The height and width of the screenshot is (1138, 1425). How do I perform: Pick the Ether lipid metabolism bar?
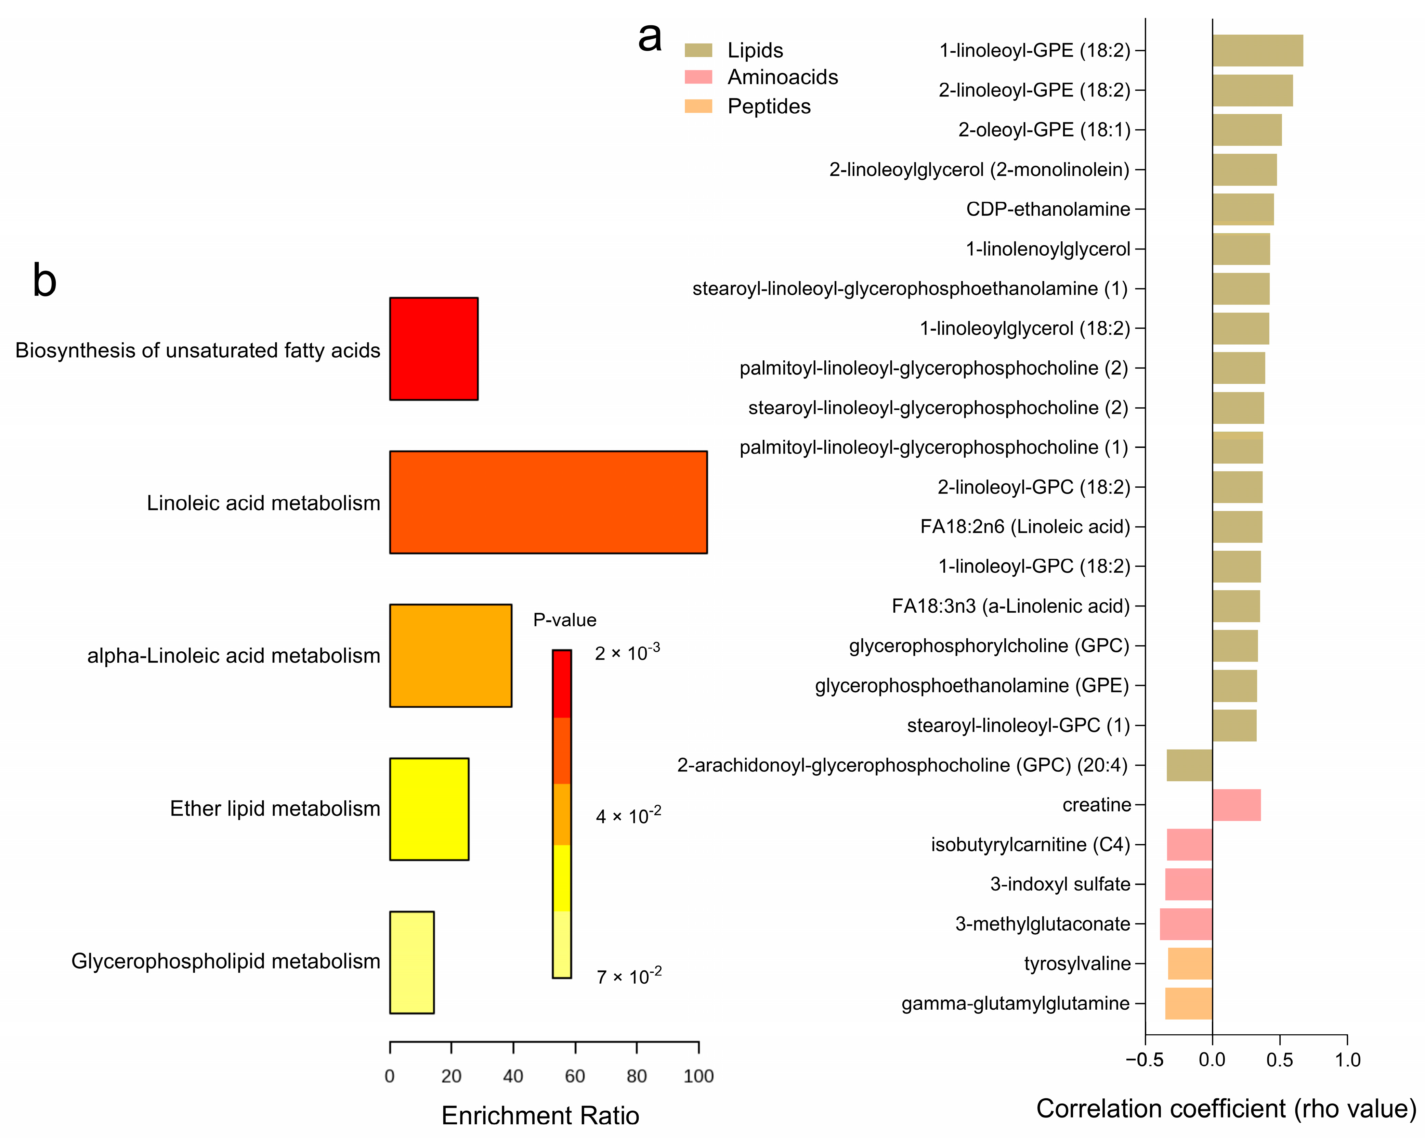[x=429, y=809]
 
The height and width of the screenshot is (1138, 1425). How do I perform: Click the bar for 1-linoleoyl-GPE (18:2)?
[x=1257, y=50]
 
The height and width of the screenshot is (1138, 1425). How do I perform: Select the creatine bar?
[x=1236, y=805]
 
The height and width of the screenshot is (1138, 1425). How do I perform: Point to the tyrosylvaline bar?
[x=1190, y=963]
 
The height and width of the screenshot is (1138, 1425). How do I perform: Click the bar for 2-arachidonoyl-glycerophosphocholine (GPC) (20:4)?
[x=1189, y=765]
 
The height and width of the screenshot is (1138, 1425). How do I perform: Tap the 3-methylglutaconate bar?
[x=1186, y=924]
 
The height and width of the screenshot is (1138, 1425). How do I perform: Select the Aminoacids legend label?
[x=783, y=77]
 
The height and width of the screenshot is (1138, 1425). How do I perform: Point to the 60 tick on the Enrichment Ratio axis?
[x=575, y=1076]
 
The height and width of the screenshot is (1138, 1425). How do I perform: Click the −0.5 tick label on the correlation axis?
[x=1145, y=1060]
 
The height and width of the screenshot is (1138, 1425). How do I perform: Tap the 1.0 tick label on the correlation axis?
[x=1347, y=1060]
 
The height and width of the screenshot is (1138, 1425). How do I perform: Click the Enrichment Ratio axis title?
[x=540, y=1115]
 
